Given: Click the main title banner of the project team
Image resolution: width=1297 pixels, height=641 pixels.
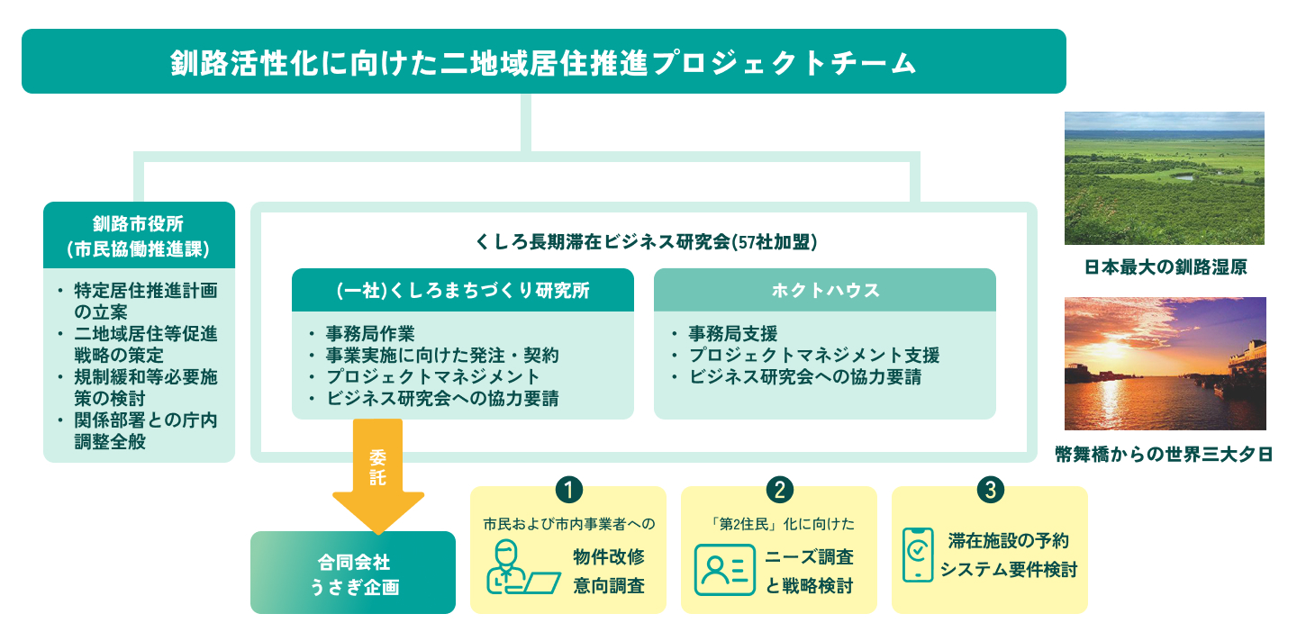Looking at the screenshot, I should pos(543,61).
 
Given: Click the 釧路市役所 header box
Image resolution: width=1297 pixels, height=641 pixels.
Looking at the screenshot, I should pos(139,236).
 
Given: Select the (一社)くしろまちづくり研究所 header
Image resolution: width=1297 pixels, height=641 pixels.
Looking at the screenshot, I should pos(463,291).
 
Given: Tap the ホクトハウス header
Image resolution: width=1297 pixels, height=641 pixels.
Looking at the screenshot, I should pos(824,291).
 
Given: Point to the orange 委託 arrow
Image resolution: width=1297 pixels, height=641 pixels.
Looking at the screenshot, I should pos(378,477).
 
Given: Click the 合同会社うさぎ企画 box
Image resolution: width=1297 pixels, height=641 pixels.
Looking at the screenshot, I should pos(353,573).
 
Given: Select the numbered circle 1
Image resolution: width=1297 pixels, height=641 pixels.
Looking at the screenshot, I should pos(568,489).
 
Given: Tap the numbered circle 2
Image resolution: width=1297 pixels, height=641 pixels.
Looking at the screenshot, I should pos(778,489).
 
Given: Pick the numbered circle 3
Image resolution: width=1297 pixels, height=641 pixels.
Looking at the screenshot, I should pos(989,489).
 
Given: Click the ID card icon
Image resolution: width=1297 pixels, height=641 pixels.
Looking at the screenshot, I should pos(724,570).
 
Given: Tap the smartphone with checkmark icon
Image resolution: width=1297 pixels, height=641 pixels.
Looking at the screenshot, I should pos(917,555).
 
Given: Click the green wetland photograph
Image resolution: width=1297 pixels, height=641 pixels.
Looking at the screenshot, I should pos(1164,178).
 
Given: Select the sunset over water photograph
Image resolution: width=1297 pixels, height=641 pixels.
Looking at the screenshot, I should pos(1164,364).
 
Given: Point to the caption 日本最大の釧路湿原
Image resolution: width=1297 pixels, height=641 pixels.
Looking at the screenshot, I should pos(1165,267).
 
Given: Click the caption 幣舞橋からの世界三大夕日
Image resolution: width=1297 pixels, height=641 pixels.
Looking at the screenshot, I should pos(1164,454).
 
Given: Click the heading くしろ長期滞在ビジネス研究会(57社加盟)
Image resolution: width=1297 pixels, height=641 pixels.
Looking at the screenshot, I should pos(646,241).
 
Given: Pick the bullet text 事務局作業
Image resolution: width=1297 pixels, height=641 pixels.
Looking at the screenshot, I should pos(370,334).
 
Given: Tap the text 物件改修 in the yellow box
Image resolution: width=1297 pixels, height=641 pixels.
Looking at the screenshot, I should pos(609,556).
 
